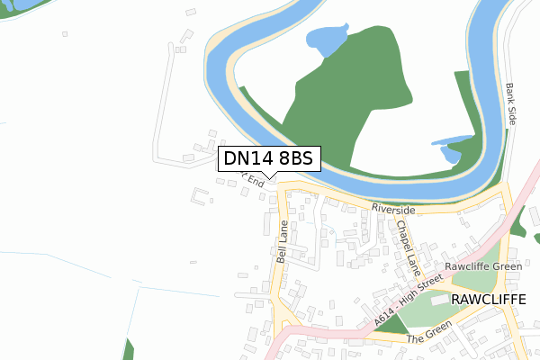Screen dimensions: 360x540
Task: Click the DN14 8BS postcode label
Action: (x=267, y=158)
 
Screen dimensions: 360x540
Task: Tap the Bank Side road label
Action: (x=511, y=103)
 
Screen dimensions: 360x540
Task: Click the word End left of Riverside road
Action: (x=256, y=181)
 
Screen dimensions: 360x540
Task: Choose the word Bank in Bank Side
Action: (x=509, y=94)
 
